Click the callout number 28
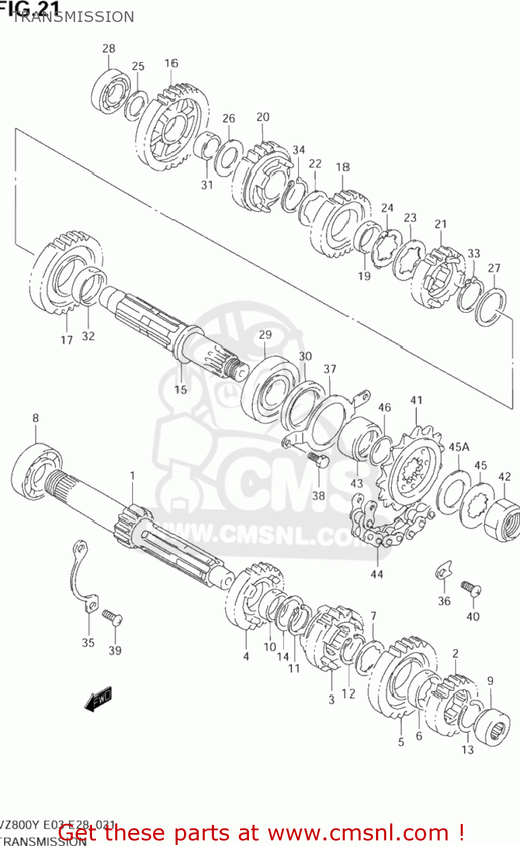pyautogui.click(x=108, y=49)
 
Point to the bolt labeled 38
pyautogui.click(x=318, y=461)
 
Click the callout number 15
pyautogui.click(x=180, y=390)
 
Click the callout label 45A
pyautogui.click(x=459, y=447)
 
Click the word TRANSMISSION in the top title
pyautogui.click(x=73, y=17)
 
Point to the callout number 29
pyautogui.click(x=265, y=334)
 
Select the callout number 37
pyautogui.click(x=330, y=369)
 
